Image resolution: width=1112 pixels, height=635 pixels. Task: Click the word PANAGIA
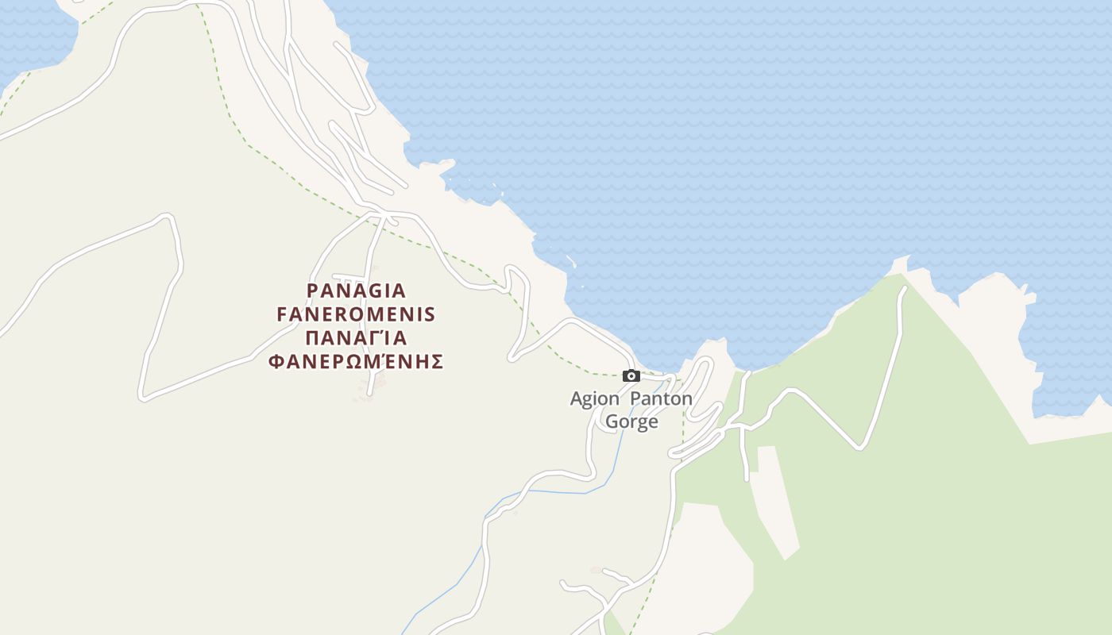(356, 291)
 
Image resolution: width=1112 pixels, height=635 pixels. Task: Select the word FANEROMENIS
(356, 314)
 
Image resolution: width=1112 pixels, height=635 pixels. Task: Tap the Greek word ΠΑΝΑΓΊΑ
(356, 338)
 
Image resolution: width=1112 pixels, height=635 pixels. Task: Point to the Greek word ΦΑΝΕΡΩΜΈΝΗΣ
(356, 362)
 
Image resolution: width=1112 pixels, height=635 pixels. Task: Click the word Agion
(594, 398)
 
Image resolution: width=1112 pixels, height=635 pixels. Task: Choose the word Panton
(661, 398)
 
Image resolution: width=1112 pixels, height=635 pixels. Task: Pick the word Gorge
(631, 421)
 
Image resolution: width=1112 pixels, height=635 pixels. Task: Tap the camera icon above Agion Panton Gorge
(631, 376)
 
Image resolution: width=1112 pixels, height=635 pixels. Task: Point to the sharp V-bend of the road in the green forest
(859, 448)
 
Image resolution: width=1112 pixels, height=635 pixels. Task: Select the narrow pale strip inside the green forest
(774, 500)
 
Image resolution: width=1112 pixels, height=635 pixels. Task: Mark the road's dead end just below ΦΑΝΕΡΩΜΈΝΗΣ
(369, 393)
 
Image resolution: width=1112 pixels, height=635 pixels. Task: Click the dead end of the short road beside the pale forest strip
(747, 479)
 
